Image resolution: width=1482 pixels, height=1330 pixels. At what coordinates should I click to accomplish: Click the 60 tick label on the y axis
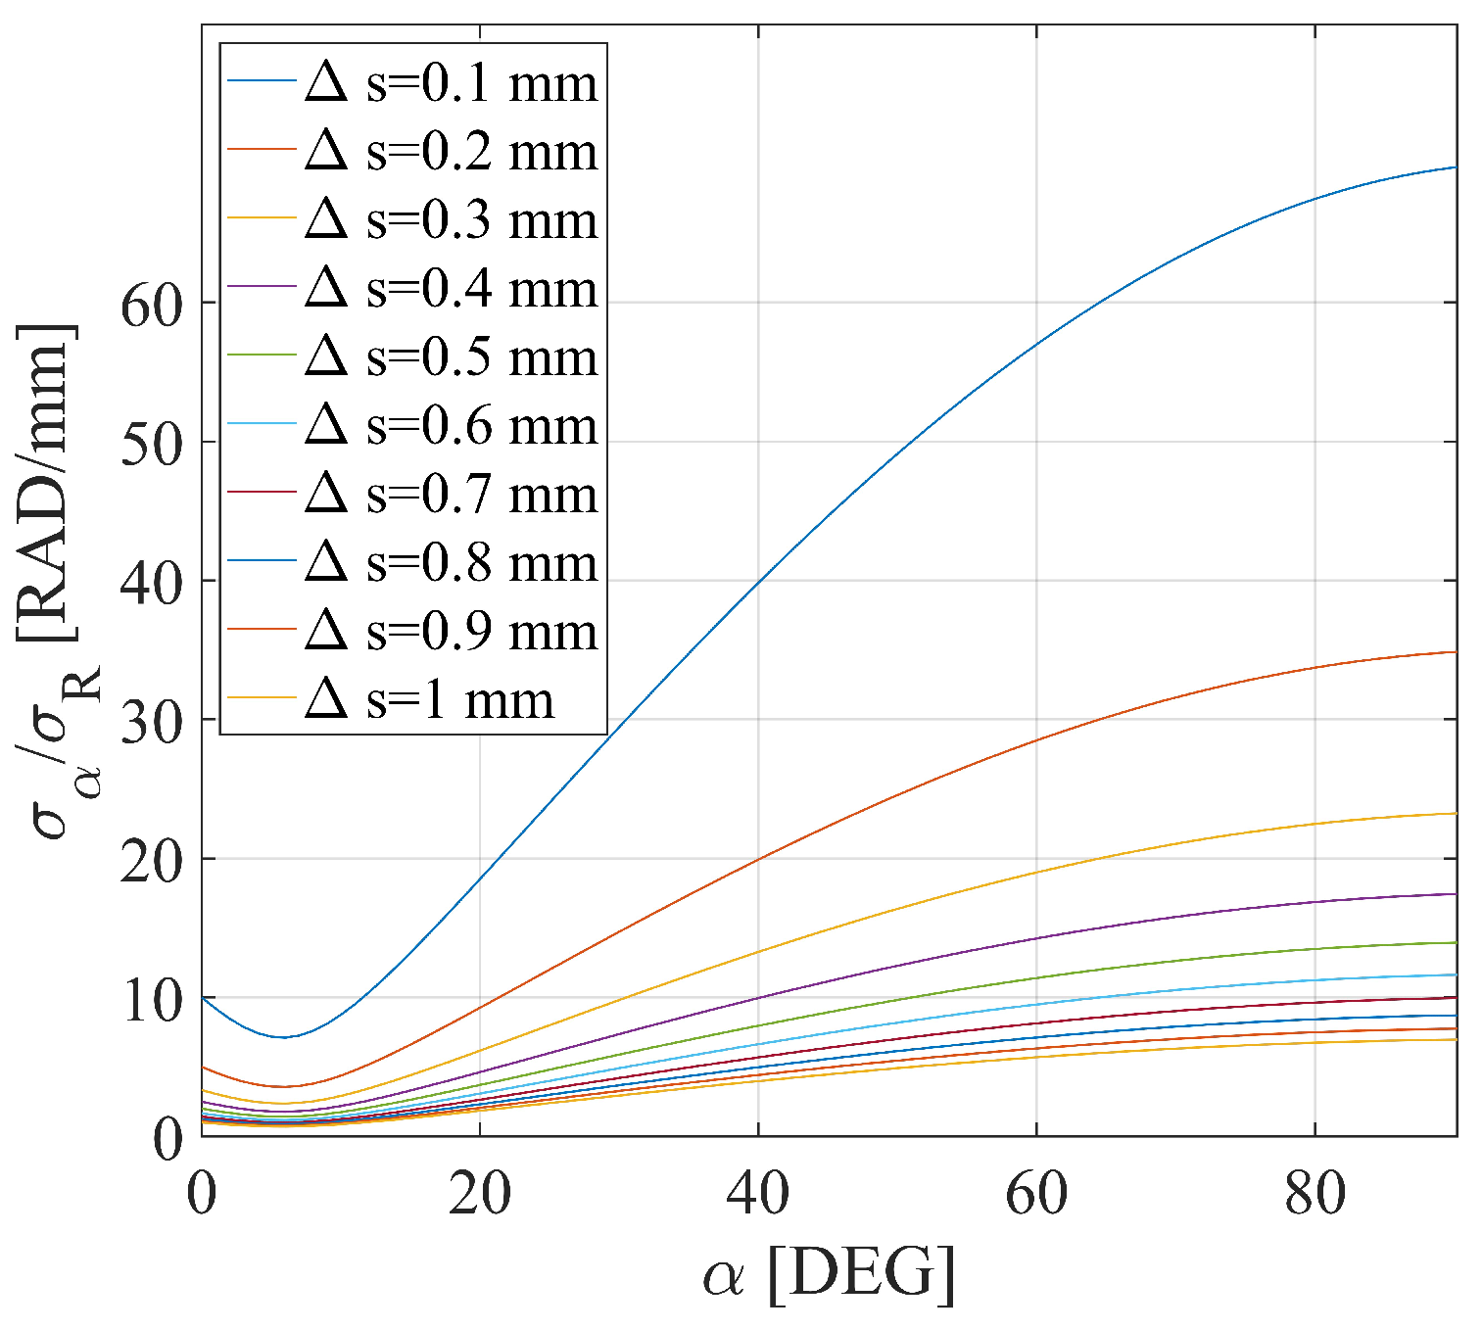pyautogui.click(x=152, y=305)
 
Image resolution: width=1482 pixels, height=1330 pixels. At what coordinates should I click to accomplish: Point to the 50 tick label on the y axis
pyautogui.click(x=152, y=444)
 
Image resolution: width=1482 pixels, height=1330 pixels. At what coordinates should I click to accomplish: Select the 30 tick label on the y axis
pyautogui.click(x=152, y=721)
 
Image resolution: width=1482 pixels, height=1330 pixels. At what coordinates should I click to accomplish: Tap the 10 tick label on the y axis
pyautogui.click(x=152, y=1000)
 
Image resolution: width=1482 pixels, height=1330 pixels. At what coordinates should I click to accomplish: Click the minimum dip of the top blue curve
pyautogui.click(x=284, y=1037)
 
